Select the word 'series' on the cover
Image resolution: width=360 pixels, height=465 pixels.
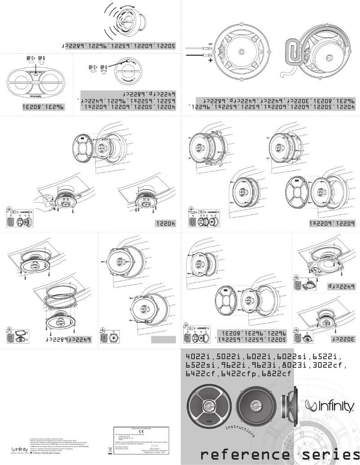[x=328, y=453]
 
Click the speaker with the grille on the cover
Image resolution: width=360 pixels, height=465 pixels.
[x=210, y=407]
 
